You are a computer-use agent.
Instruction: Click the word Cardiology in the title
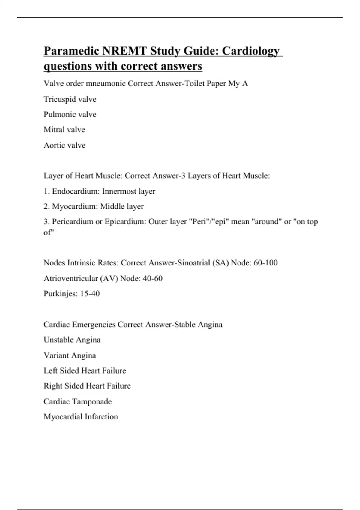click(251, 51)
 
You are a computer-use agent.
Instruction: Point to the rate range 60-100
click(265, 263)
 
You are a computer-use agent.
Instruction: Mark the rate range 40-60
click(153, 279)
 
